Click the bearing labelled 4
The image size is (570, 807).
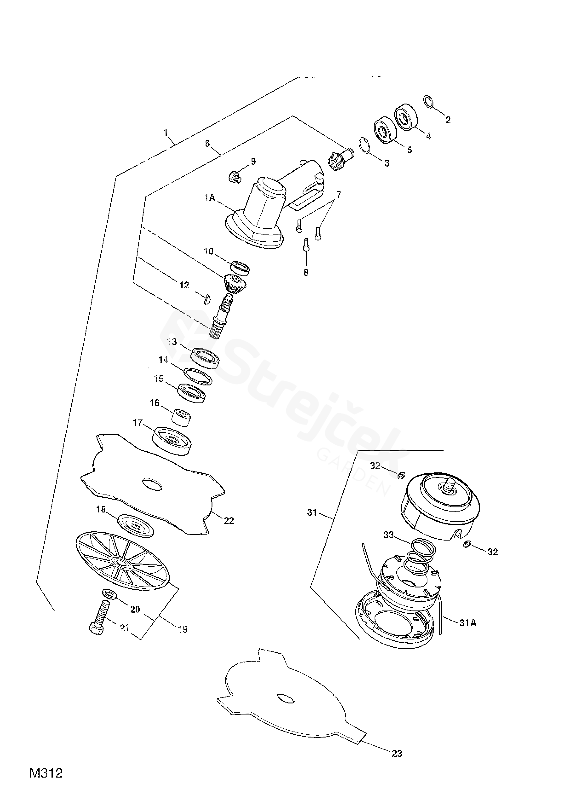(405, 117)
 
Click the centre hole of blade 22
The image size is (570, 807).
(152, 485)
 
